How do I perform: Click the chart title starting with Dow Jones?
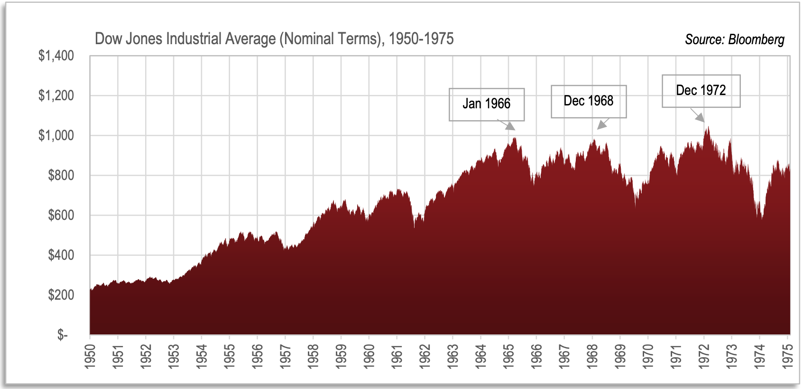pos(274,39)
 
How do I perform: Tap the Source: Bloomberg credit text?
pos(734,39)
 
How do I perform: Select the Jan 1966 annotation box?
pos(486,104)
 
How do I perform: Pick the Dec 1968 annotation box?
pos(588,101)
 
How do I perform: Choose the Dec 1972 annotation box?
pos(701,91)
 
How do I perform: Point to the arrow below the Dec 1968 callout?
pos(602,124)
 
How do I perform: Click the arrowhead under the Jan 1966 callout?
pos(509,126)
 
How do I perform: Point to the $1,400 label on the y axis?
pos(56,56)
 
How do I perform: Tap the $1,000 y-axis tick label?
pos(56,135)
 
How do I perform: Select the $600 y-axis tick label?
pos(61,215)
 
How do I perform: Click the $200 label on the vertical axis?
pos(61,295)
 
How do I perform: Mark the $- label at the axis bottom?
pos(62,335)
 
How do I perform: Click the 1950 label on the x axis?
pos(90,355)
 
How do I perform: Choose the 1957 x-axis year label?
pos(285,355)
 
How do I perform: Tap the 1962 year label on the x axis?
pos(425,355)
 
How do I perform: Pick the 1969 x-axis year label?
pos(620,355)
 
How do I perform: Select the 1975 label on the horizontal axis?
pos(787,355)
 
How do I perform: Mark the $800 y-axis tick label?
pos(61,175)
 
